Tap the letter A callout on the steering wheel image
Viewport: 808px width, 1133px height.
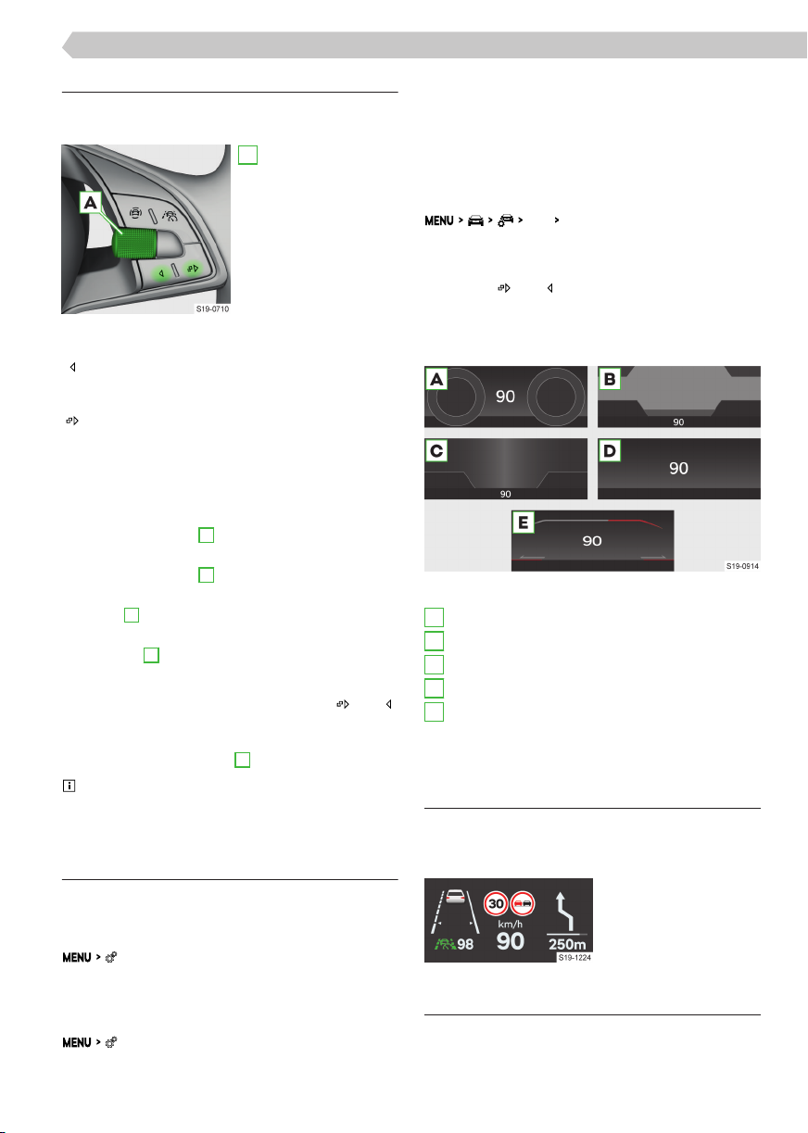(90, 203)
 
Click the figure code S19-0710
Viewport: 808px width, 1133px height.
(212, 309)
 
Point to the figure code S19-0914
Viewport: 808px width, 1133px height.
(742, 566)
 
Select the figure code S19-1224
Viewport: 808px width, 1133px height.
(574, 958)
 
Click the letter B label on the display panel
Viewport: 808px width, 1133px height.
(609, 379)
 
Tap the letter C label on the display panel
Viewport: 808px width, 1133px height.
(436, 450)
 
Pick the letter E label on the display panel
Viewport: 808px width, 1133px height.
(524, 522)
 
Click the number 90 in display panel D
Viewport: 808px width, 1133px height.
(678, 469)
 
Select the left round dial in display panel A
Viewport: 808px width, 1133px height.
(455, 397)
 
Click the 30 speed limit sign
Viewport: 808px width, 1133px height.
(496, 904)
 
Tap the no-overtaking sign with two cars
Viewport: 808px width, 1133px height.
(522, 904)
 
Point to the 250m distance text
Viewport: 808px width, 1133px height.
(567, 944)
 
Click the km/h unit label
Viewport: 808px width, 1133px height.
(510, 925)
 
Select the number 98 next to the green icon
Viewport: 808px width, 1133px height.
(465, 944)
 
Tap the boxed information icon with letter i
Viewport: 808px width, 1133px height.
(69, 786)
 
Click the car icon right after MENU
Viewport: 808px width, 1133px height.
(475, 220)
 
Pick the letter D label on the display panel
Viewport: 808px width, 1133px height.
(609, 450)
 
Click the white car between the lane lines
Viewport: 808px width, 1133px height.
(455, 896)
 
